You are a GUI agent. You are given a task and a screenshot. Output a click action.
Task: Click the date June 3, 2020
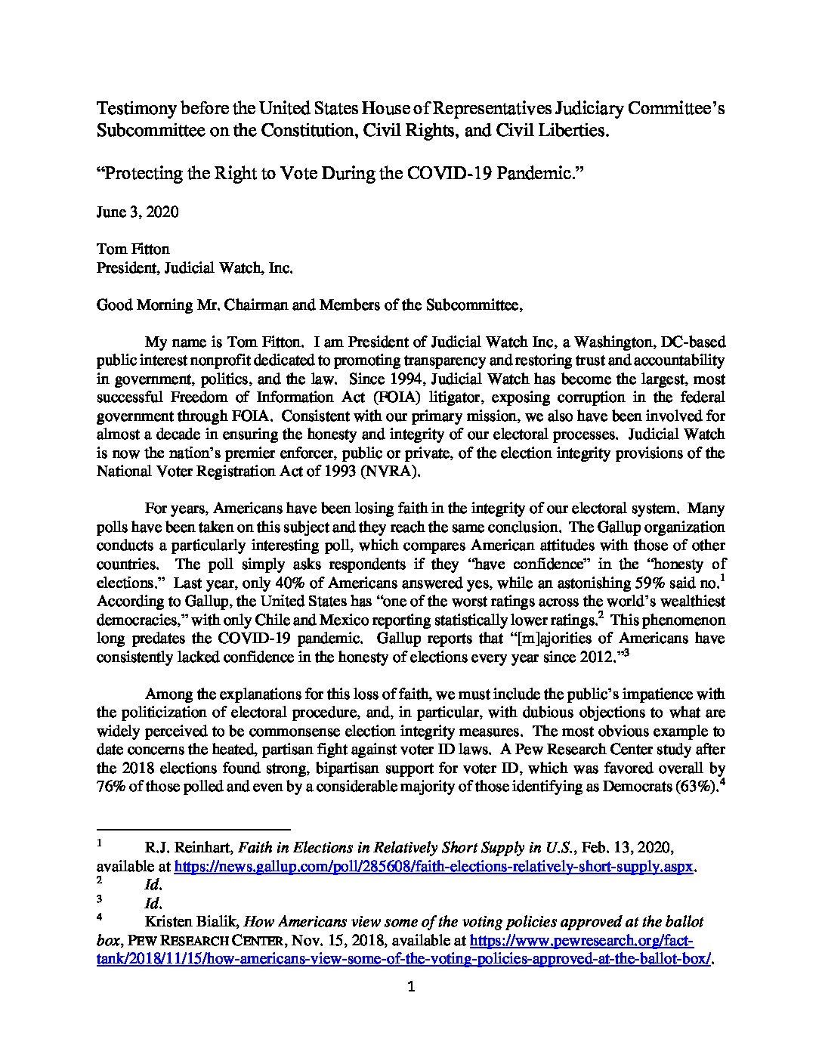138,212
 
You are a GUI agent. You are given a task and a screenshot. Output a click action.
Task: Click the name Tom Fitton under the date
133,249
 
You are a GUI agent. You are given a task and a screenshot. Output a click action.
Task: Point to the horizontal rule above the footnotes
194,829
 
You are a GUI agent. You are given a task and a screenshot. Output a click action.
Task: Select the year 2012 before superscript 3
597,657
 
